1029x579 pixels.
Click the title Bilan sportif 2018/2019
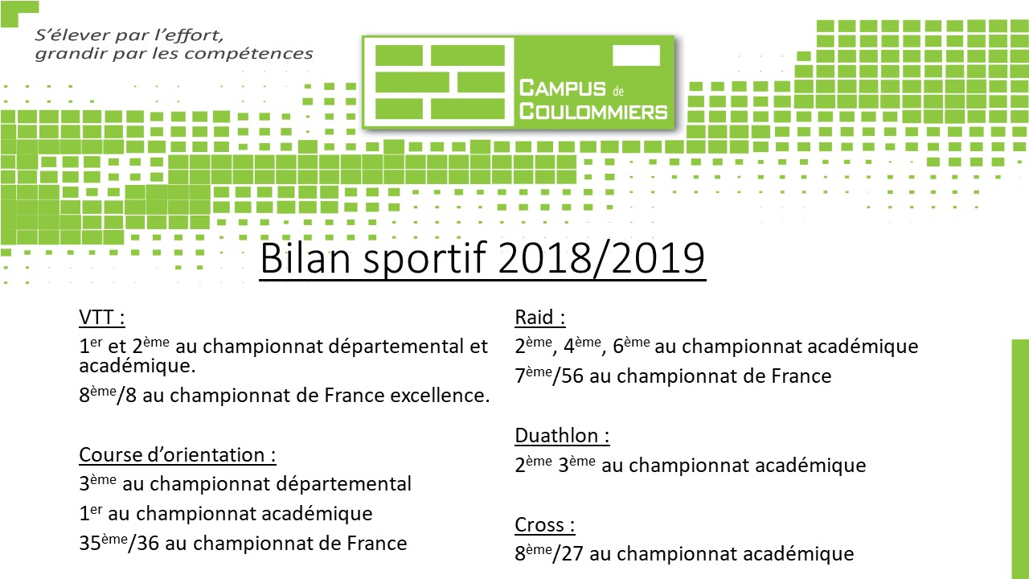click(x=482, y=259)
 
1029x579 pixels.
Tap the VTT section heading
click(x=102, y=318)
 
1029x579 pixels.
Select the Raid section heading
click(x=539, y=318)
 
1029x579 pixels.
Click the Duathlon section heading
click(x=562, y=436)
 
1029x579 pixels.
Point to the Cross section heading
click(x=545, y=525)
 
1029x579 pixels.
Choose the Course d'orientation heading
click(x=178, y=455)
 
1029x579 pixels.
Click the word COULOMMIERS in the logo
click(x=593, y=112)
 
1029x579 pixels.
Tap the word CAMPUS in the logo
click(x=562, y=88)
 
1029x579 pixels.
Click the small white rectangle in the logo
click(x=636, y=55)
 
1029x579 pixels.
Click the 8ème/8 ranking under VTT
click(x=108, y=395)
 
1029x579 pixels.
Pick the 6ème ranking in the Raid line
click(x=632, y=346)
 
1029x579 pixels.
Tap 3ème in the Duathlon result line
click(x=577, y=465)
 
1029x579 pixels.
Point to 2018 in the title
click(x=544, y=258)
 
